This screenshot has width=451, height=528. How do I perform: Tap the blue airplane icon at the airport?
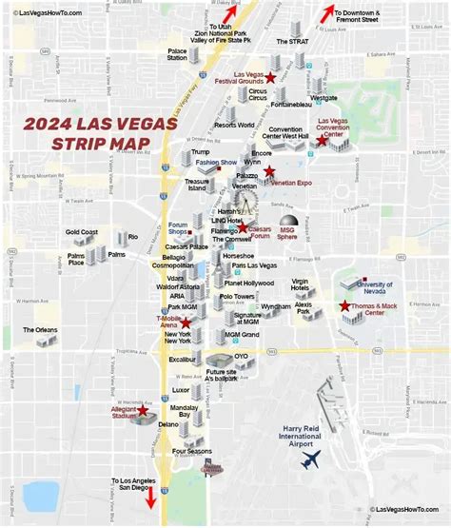click(x=309, y=460)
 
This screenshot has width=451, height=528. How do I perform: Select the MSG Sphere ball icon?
click(x=287, y=221)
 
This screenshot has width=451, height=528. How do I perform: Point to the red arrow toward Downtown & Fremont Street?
click(x=328, y=13)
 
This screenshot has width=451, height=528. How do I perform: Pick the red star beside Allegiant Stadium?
click(x=144, y=412)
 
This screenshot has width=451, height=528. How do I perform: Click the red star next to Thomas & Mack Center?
click(x=344, y=305)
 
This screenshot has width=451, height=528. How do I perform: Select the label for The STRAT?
click(x=290, y=42)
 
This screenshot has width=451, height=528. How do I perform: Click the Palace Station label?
click(x=177, y=53)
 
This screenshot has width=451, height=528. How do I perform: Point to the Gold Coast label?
click(x=82, y=232)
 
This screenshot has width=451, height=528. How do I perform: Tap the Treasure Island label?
click(x=196, y=185)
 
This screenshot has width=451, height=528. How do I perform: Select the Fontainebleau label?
click(x=292, y=104)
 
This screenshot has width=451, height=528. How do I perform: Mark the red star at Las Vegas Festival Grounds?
click(x=270, y=76)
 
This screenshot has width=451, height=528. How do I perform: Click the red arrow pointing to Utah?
click(x=228, y=13)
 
